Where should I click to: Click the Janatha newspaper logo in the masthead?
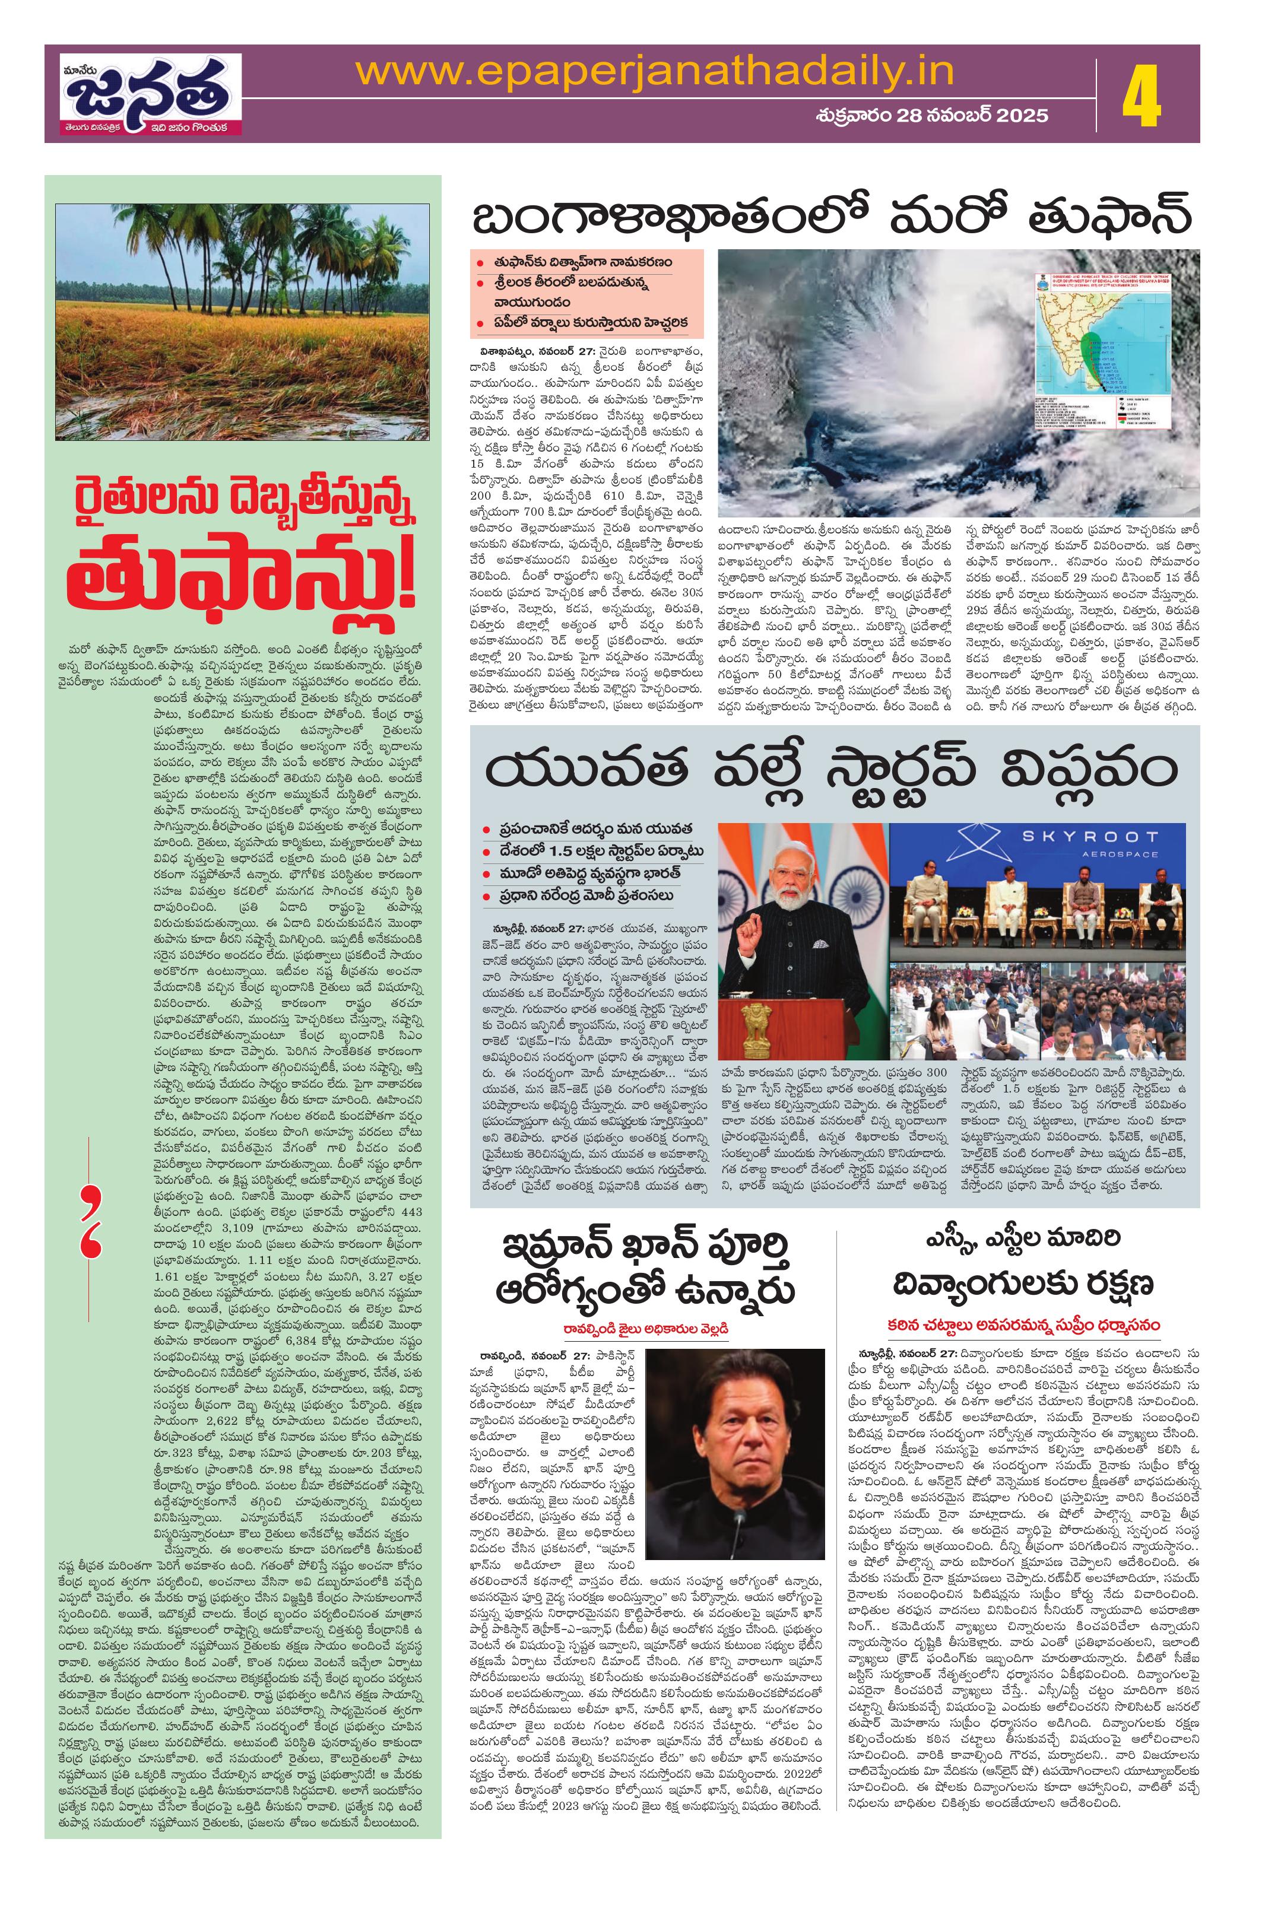[x=150, y=93]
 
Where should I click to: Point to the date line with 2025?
[x=931, y=115]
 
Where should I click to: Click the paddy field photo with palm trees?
[x=242, y=322]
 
